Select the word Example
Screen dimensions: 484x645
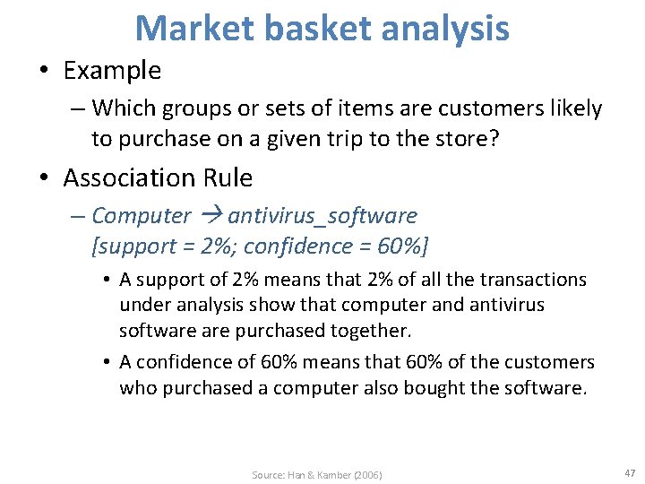pos(113,70)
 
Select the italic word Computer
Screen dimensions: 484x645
pos(142,216)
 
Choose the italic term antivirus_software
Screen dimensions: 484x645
pos(323,216)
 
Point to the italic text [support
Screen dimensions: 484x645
pos(129,245)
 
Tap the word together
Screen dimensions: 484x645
pos(368,330)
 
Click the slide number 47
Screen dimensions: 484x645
pos(630,472)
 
